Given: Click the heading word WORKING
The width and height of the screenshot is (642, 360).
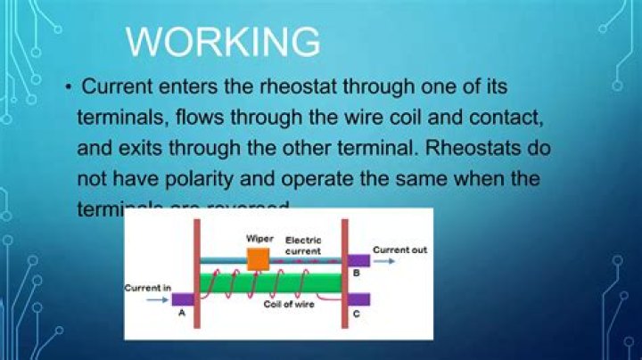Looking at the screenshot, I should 223,42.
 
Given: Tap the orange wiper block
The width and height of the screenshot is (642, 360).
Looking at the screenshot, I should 258,258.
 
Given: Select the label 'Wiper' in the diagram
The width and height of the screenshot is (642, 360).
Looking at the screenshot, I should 259,239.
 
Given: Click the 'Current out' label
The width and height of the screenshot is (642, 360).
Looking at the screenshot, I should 399,250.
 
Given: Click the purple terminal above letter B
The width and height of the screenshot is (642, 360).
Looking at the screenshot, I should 358,260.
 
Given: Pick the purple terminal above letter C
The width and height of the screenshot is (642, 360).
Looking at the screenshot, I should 358,299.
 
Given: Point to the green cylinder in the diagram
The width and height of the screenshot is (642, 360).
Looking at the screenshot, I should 267,282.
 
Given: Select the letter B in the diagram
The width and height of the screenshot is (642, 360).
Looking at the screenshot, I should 356,274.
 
